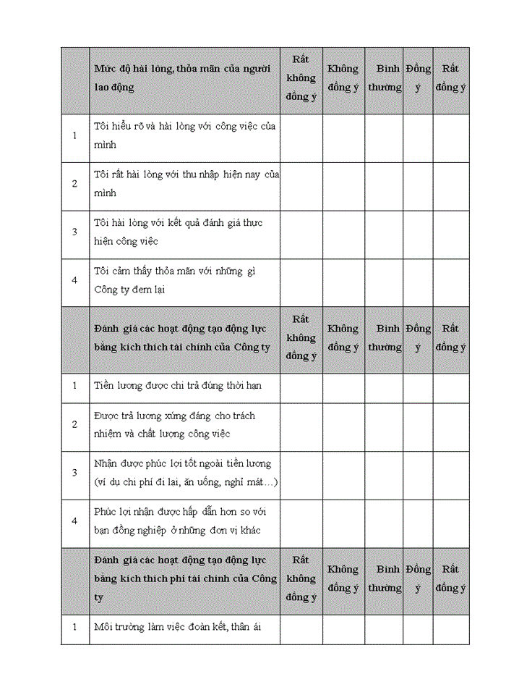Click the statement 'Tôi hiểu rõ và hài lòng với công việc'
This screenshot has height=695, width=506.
pyautogui.click(x=185, y=135)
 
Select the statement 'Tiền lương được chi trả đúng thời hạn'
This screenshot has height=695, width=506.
pyautogui.click(x=178, y=385)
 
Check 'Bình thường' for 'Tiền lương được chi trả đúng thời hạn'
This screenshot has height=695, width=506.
pyautogui.click(x=384, y=385)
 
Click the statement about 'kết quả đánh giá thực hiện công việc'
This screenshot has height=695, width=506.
pyautogui.click(x=178, y=232)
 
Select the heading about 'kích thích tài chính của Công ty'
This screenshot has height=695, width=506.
pyautogui.click(x=182, y=337)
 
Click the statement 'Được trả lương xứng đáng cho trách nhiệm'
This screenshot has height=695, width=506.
pyautogui.click(x=174, y=424)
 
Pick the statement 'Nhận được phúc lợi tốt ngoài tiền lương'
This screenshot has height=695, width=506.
pyautogui.click(x=186, y=473)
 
